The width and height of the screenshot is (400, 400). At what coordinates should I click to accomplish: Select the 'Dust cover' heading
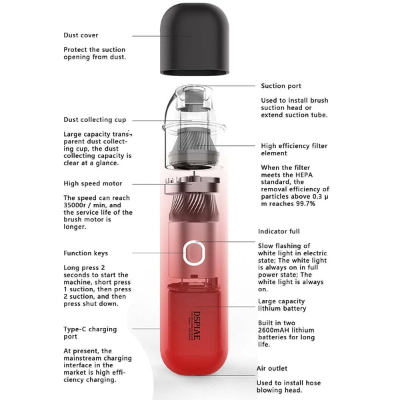81,35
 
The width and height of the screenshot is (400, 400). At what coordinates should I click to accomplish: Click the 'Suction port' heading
281,86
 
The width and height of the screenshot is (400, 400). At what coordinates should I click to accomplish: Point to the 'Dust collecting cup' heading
95,120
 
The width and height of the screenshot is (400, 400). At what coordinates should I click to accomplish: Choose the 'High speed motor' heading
93,183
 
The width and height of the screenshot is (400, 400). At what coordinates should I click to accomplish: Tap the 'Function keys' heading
85,253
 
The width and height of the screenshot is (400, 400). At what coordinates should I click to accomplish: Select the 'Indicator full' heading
278,231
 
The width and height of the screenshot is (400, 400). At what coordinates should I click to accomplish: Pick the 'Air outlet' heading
272,368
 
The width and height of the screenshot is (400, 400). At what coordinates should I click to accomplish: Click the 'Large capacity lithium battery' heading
282,305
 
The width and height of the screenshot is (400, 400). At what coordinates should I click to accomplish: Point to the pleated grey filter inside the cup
196,137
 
